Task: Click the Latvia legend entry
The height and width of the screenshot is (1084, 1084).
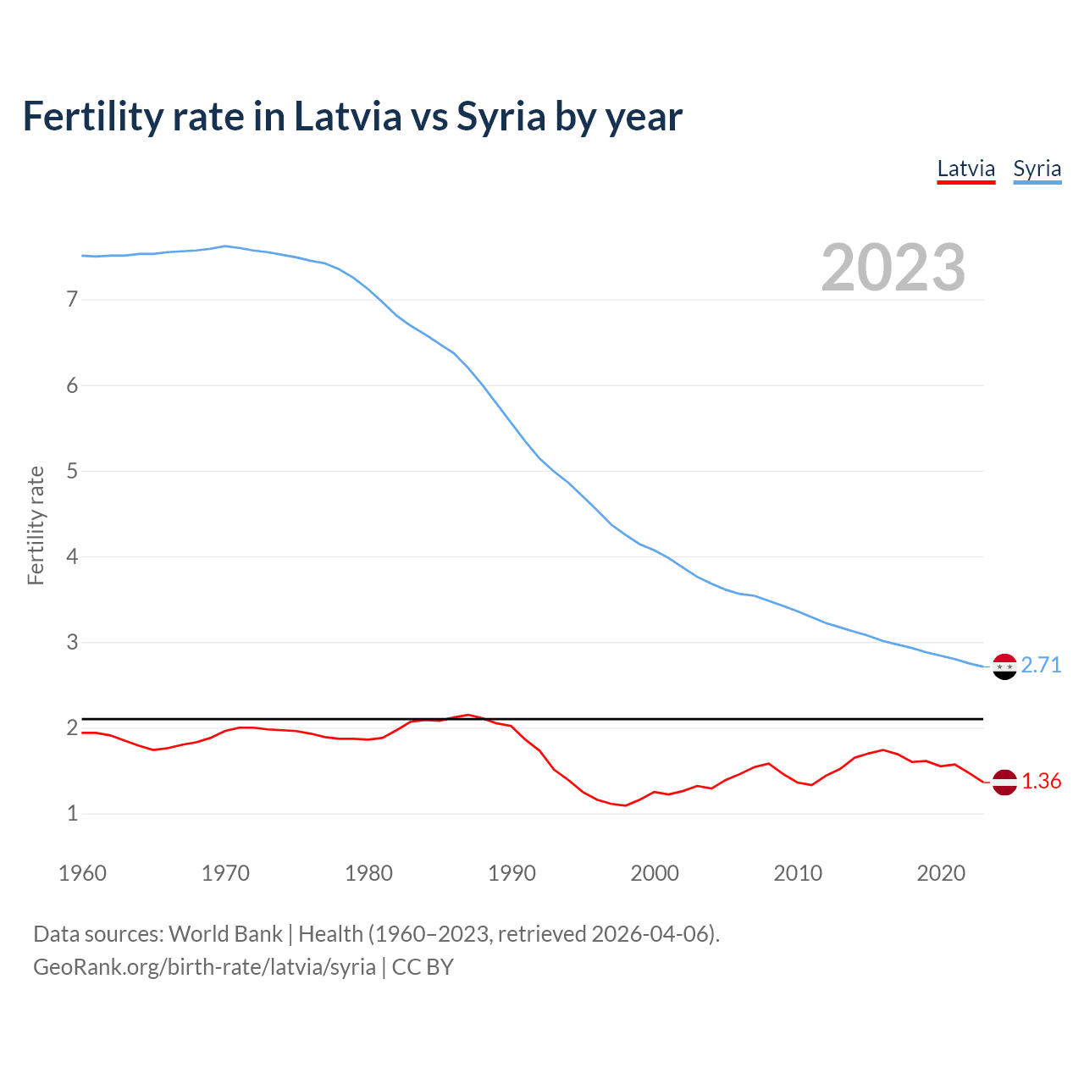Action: [965, 169]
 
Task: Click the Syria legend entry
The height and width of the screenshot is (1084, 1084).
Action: [1037, 169]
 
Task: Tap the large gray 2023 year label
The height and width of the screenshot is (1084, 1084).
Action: [893, 268]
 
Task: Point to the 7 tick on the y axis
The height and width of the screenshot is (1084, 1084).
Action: [72, 299]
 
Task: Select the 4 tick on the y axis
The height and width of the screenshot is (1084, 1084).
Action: [72, 556]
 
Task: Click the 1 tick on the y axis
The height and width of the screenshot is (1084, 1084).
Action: [72, 813]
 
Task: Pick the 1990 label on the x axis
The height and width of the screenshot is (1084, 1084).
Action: [512, 873]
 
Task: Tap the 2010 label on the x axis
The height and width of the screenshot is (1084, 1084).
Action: [798, 873]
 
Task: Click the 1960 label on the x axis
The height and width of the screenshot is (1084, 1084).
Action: [82, 873]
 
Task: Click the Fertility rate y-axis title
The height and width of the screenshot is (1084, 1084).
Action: [36, 525]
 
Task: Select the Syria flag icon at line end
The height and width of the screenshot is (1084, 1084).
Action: [1004, 666]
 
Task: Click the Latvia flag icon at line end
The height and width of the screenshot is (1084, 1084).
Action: [1004, 782]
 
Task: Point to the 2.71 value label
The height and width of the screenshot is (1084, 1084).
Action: [1041, 666]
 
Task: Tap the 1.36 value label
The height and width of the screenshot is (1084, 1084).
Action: [1041, 781]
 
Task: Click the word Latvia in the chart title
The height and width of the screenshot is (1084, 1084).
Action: [347, 116]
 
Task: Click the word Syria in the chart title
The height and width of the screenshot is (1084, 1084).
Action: [501, 116]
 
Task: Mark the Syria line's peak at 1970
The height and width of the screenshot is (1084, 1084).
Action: [224, 246]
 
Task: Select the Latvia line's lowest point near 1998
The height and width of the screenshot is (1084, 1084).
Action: [626, 805]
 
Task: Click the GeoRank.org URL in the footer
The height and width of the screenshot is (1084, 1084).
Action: [204, 966]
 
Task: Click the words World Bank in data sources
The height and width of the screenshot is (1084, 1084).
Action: [225, 934]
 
